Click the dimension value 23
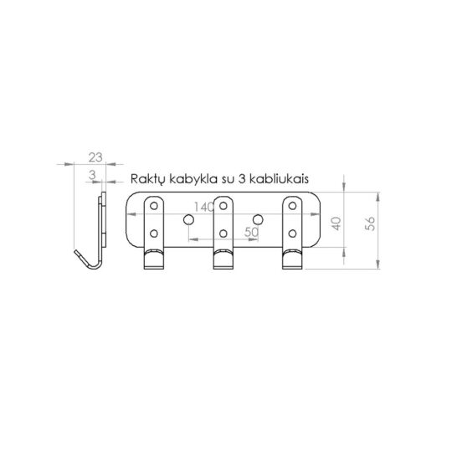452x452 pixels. [x=95, y=157]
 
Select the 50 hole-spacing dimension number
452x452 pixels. [x=249, y=234]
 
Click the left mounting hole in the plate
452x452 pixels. [x=189, y=219]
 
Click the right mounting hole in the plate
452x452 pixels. [x=258, y=219]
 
